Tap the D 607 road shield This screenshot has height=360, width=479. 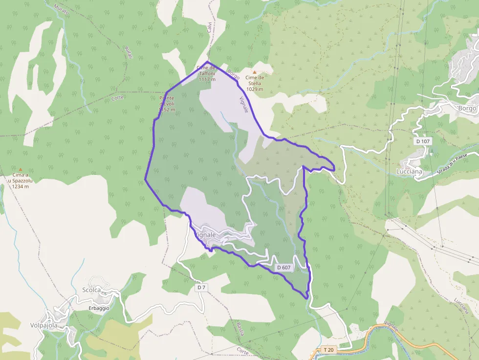[284, 268]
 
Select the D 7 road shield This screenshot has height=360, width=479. [201, 288]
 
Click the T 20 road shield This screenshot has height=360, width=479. [328, 350]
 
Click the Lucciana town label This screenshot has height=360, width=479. [409, 171]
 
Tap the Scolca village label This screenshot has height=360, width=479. [91, 290]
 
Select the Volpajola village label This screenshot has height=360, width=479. [44, 325]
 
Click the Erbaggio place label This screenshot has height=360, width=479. [99, 308]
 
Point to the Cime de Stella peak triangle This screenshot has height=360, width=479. [254, 72]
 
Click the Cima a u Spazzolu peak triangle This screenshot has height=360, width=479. [21, 169]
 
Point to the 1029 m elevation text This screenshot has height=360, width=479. [255, 89]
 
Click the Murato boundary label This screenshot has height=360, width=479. [63, 9]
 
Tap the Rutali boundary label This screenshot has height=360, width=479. [129, 52]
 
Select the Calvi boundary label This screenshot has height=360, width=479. [209, 27]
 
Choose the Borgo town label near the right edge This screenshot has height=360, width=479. [467, 108]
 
